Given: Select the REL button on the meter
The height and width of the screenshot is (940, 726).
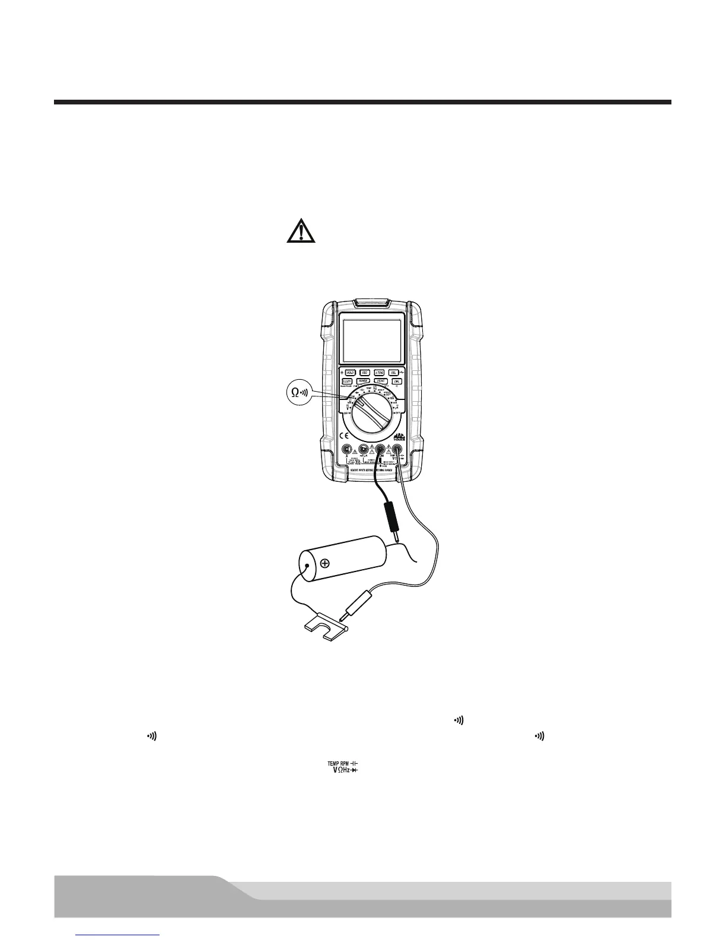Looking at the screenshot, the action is [394, 372].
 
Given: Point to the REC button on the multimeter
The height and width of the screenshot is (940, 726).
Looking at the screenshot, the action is [365, 372].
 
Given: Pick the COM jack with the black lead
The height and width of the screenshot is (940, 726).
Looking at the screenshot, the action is [380, 449].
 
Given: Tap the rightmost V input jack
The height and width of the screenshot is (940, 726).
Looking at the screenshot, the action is [396, 449].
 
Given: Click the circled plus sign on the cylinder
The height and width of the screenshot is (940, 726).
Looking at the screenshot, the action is [326, 563].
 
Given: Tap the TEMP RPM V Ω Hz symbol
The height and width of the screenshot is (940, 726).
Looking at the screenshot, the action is [343, 767].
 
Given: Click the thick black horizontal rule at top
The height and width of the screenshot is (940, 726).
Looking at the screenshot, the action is [362, 102].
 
